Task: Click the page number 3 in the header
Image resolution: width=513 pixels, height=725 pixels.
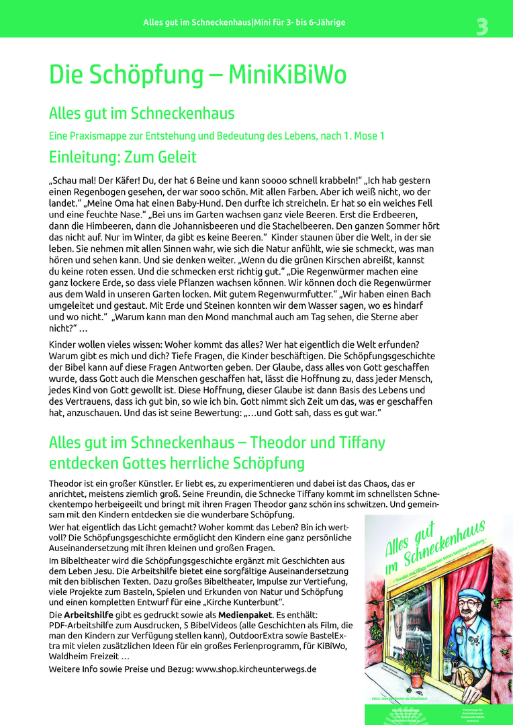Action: tap(482, 26)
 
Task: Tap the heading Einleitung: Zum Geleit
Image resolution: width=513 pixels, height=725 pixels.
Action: tap(123, 158)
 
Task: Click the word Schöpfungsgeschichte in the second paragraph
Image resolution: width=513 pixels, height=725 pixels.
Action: tap(387, 356)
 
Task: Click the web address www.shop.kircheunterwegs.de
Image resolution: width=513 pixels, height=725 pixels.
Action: tap(256, 669)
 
